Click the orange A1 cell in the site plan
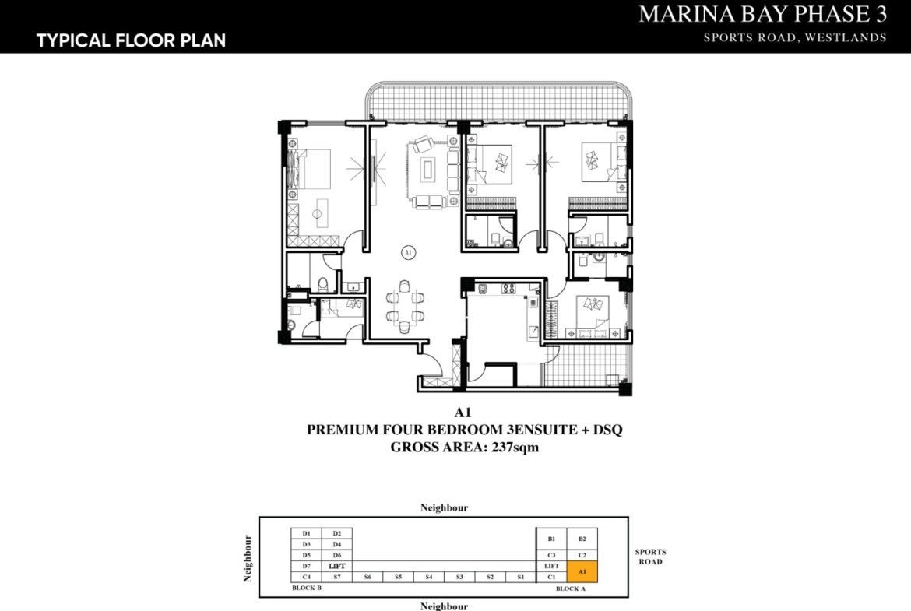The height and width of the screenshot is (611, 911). pyautogui.click(x=582, y=571)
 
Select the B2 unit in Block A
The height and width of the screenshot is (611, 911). pyautogui.click(x=582, y=539)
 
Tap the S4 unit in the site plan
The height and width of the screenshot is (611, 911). pyautogui.click(x=428, y=577)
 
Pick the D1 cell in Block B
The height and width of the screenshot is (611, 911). pyautogui.click(x=306, y=533)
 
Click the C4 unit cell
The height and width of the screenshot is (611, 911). pyautogui.click(x=306, y=577)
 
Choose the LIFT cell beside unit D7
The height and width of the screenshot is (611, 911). pyautogui.click(x=336, y=566)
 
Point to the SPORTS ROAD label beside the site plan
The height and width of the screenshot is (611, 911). pyautogui.click(x=650, y=557)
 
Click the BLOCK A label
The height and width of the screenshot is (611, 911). pyautogui.click(x=570, y=589)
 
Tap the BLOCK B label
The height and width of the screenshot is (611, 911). pyautogui.click(x=307, y=588)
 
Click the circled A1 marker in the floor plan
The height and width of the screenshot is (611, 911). pyautogui.click(x=407, y=252)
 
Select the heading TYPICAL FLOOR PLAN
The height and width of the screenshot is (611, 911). pyautogui.click(x=131, y=40)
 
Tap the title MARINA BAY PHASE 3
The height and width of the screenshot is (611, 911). pyautogui.click(x=762, y=14)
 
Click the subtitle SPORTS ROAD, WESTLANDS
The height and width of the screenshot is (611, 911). pyautogui.click(x=795, y=37)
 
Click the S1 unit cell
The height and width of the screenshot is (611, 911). pyautogui.click(x=520, y=577)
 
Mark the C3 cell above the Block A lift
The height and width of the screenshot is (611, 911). pyautogui.click(x=551, y=555)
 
